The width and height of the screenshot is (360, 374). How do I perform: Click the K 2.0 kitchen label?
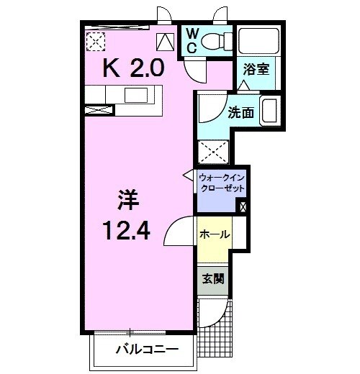click(x=135, y=69)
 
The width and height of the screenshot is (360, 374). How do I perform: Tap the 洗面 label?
click(x=240, y=113)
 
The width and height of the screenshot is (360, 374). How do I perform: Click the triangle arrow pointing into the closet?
click(x=188, y=175)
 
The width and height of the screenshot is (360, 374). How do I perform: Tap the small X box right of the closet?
click(x=242, y=207)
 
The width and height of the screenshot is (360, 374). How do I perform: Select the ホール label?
click(x=215, y=235)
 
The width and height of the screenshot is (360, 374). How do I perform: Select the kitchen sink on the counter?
click(x=135, y=95)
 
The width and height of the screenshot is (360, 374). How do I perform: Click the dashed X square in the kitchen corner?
click(x=96, y=42)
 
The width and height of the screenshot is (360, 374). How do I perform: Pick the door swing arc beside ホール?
click(x=180, y=232)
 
